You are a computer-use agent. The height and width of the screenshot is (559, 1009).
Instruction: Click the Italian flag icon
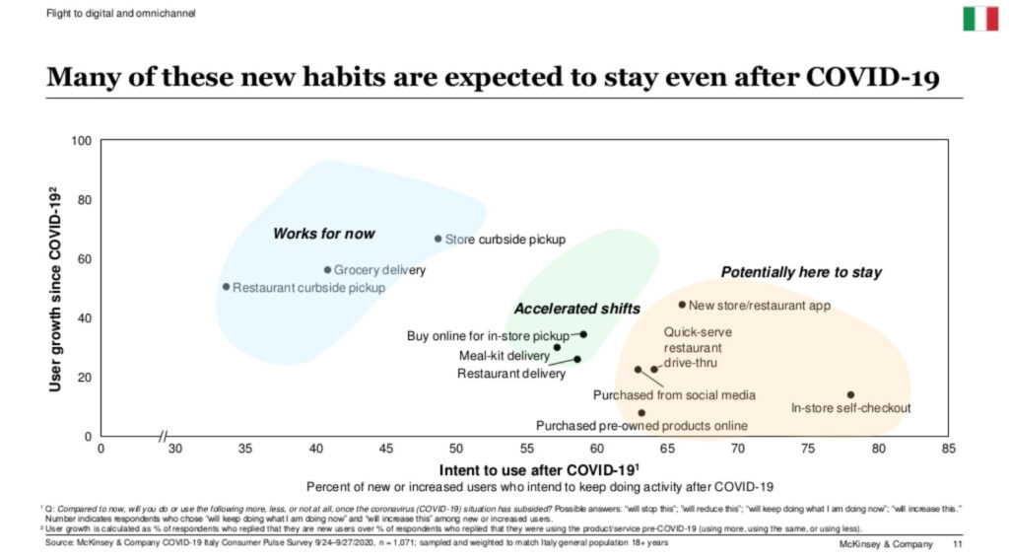[x=979, y=18]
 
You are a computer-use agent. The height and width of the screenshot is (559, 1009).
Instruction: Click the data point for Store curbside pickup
[x=438, y=239]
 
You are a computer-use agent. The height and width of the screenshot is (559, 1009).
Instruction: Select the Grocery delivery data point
[x=328, y=270]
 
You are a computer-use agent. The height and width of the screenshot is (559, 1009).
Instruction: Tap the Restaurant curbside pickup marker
[x=226, y=287]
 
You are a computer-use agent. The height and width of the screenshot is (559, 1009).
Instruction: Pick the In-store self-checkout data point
[x=850, y=395]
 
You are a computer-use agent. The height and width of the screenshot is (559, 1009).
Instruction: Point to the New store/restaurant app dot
[x=682, y=305]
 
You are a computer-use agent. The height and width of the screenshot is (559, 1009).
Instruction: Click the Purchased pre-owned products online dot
[x=641, y=413]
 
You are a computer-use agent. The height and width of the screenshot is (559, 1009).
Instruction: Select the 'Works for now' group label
[x=323, y=234]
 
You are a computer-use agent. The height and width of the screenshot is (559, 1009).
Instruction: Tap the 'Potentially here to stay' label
[x=801, y=272]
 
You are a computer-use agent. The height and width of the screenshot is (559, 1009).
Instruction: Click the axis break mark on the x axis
[x=163, y=436]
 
